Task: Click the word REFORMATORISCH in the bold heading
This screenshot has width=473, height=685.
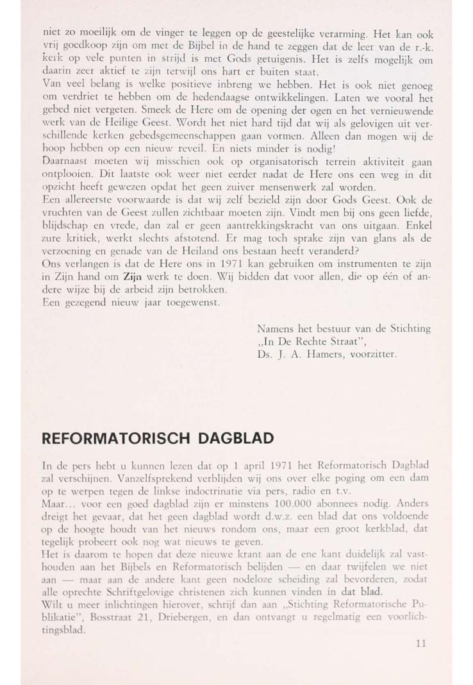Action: (110, 439)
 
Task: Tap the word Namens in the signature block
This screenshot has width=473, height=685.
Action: (274, 329)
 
